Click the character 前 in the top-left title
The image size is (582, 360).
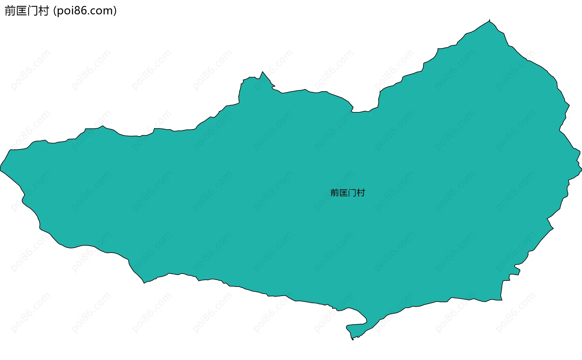(x=10, y=11)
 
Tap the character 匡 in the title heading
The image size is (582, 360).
(x=21, y=11)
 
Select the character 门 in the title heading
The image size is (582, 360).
(x=32, y=11)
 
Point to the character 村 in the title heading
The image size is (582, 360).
(x=43, y=11)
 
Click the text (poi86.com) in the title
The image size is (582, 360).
(x=85, y=11)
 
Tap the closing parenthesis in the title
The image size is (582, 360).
(x=115, y=11)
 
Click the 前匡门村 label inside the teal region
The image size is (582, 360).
(x=347, y=193)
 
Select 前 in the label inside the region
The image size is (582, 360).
(x=335, y=193)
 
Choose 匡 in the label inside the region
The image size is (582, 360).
(x=343, y=193)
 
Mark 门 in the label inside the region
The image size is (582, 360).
(x=352, y=193)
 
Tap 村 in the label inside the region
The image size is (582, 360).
(x=361, y=193)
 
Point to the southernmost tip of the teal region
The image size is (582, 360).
(x=353, y=339)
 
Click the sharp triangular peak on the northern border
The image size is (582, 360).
(x=263, y=72)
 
